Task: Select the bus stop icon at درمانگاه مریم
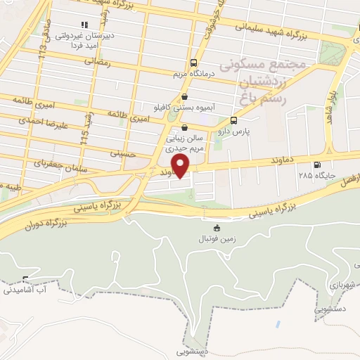point(195,62)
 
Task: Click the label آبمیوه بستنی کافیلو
point(185,107)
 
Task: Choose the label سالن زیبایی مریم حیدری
point(184,144)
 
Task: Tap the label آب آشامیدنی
point(25,290)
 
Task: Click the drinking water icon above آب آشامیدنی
point(25,280)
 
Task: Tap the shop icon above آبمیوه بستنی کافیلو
point(185,97)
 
